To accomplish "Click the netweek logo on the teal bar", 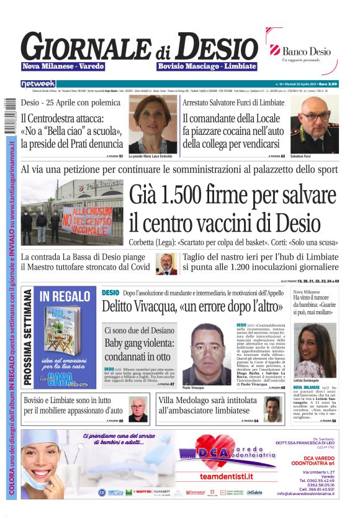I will [x=38, y=83].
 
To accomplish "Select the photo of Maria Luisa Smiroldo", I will [x=152, y=124].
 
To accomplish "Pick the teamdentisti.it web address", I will [x=226, y=476].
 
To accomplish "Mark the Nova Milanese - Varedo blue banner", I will [x=63, y=66].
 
